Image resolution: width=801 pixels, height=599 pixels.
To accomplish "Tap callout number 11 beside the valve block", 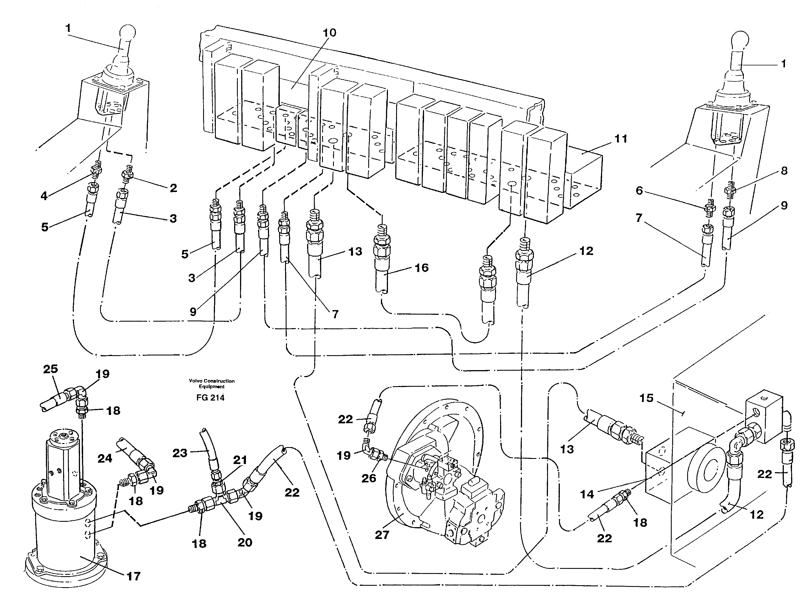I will point(621,139).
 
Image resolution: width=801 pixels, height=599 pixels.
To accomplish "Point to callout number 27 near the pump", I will point(382,534).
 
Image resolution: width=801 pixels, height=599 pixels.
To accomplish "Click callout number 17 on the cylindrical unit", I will point(133,576).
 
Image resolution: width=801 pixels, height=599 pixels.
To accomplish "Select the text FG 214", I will point(210,397).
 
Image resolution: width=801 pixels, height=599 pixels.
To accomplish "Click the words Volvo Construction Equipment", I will point(212,383).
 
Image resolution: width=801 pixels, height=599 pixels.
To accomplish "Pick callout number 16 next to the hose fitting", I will point(421,268).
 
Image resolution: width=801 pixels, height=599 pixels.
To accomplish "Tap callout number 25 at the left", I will point(50,369).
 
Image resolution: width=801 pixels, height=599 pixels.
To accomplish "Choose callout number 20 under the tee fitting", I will point(245,542).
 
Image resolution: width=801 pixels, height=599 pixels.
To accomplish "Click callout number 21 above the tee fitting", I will point(240,460).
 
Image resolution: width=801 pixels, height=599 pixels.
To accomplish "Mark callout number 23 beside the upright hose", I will point(179,453).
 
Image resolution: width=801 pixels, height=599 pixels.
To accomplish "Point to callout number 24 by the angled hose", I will point(105,458).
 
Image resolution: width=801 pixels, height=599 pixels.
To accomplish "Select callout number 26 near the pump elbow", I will point(369,478).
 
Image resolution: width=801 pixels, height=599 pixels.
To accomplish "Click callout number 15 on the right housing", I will point(646,398).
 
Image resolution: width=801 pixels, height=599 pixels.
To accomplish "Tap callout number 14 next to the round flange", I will point(587,494).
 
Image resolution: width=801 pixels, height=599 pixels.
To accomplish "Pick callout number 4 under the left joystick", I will point(44,196).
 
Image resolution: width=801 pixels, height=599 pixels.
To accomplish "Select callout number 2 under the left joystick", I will point(174,188).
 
